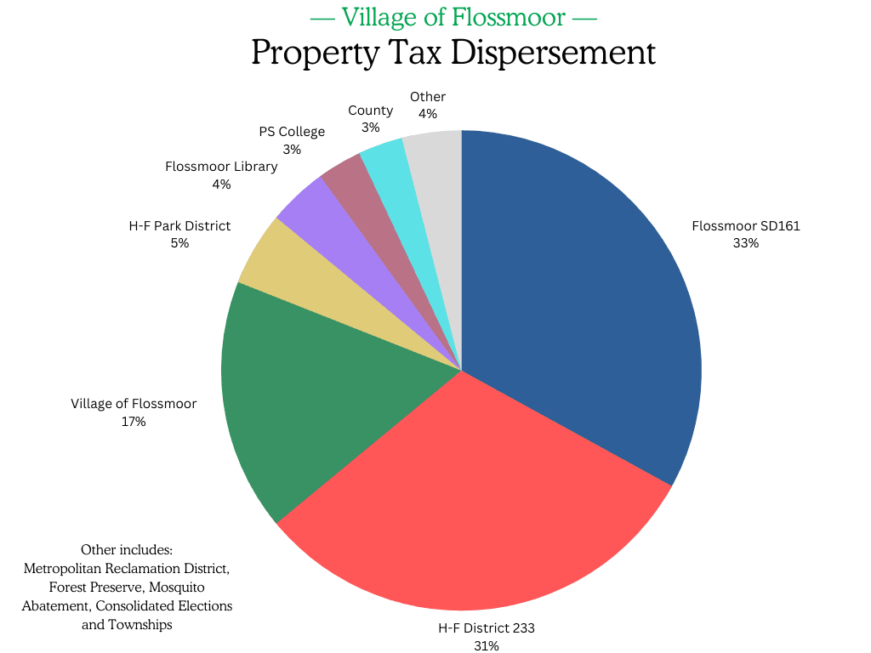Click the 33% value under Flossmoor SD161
[x=745, y=243]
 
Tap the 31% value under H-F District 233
[x=486, y=645]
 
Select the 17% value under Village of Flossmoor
[x=134, y=421]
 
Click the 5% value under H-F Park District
[x=179, y=243]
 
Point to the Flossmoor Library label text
[x=221, y=167]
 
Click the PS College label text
[x=292, y=132]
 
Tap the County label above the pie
[x=370, y=111]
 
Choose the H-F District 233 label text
[x=486, y=628]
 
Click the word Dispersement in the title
[x=553, y=53]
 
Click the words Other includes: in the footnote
[x=127, y=550]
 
